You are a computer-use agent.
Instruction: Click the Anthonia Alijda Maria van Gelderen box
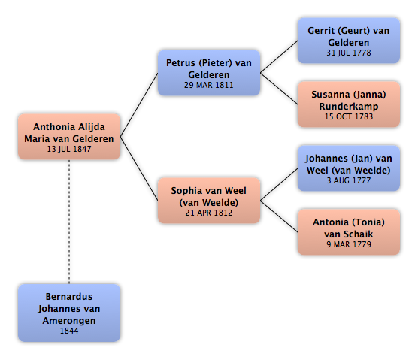click(69, 137)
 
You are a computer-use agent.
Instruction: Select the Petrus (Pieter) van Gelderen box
click(209, 73)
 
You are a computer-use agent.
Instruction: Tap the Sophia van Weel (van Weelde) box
click(209, 201)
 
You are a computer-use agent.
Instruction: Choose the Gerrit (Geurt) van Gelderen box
click(349, 41)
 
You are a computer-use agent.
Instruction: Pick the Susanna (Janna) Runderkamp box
click(349, 104)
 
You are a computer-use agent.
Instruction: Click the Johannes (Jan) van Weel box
click(349, 168)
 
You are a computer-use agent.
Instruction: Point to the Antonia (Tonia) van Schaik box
click(349, 232)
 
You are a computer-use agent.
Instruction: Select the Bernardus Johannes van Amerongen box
click(69, 313)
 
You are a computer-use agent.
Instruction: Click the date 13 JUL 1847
click(69, 149)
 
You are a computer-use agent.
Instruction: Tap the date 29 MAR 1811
click(209, 85)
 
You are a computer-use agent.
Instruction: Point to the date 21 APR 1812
click(209, 213)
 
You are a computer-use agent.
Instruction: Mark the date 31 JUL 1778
click(349, 53)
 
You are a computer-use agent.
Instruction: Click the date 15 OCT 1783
click(349, 116)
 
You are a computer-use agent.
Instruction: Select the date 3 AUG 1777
click(349, 180)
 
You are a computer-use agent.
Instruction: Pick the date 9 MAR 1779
click(349, 244)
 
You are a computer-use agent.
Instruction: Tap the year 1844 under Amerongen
click(69, 331)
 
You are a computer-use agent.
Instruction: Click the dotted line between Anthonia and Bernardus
click(69, 222)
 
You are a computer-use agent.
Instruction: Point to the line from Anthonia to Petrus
click(139, 104)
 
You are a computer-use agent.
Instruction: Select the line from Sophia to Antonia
click(279, 216)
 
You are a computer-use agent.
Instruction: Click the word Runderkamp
click(349, 107)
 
